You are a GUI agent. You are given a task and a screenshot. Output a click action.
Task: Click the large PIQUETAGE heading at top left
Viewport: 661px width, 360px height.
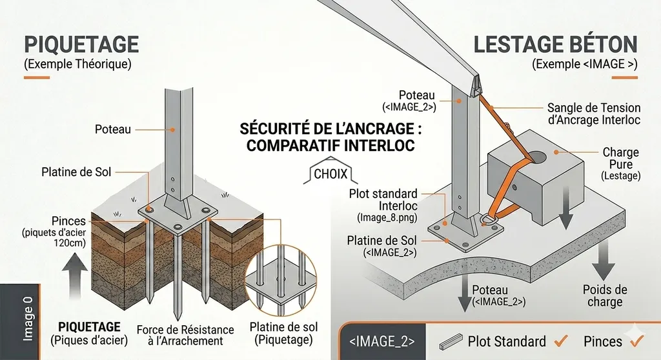coord(81,44)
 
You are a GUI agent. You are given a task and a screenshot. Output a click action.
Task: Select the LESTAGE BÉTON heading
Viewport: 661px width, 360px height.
coord(555,45)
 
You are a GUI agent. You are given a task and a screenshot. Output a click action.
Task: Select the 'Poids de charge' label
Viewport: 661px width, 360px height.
coord(604,295)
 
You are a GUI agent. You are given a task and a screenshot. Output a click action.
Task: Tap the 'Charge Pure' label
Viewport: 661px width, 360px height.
coord(620,159)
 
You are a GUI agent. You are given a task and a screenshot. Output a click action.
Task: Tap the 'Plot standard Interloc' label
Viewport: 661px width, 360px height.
coord(383,199)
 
